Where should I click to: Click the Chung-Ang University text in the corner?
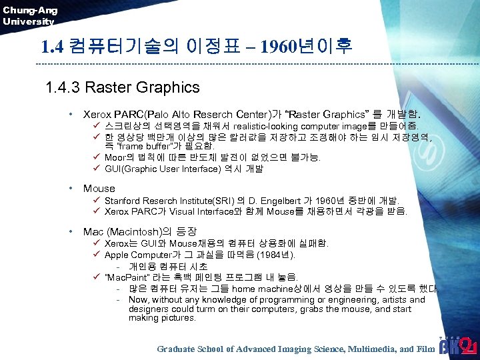click(x=30, y=15)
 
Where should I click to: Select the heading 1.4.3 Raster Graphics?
click(x=123, y=87)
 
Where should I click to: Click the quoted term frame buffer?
click(x=146, y=146)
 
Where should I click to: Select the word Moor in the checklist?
click(x=116, y=157)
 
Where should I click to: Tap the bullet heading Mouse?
click(x=99, y=189)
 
